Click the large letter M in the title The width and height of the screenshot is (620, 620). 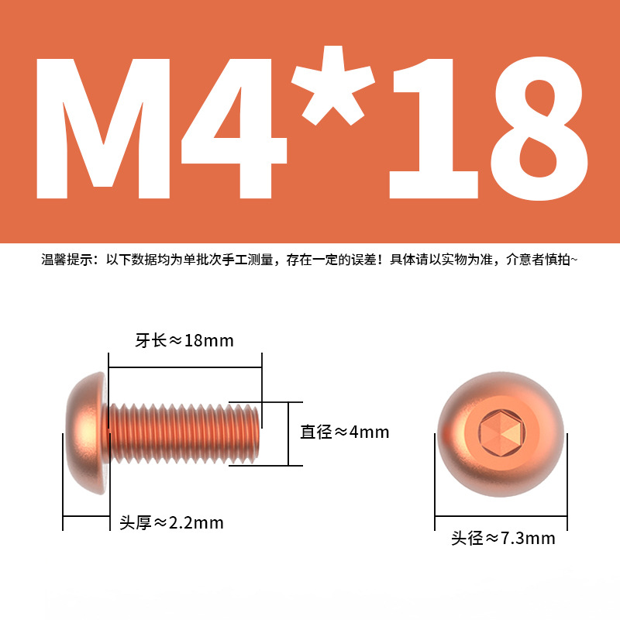click(103, 129)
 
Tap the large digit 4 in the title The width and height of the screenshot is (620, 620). click(234, 129)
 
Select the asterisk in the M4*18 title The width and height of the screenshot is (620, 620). click(333, 85)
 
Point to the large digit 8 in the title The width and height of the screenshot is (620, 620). click(539, 129)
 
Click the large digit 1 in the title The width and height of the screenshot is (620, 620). click(433, 129)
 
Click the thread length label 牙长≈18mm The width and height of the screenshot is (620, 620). click(184, 340)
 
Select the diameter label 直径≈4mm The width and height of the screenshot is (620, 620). click(344, 432)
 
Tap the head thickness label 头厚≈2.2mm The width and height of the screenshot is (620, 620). click(171, 522)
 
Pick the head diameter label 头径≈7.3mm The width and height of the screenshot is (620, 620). click(503, 538)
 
